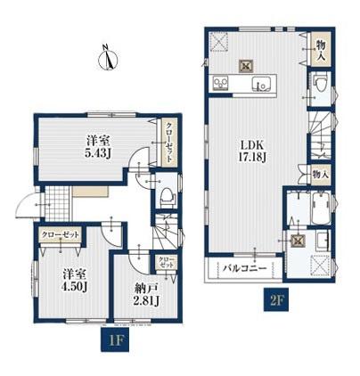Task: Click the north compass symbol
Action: pyautogui.click(x=108, y=59)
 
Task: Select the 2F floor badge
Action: pyautogui.click(x=276, y=299)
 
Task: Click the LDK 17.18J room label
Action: pyautogui.click(x=252, y=151)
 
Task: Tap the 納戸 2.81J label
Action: pyautogui.click(x=147, y=295)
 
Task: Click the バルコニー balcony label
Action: pyautogui.click(x=245, y=268)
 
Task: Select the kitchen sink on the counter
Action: pyautogui.click(x=261, y=84)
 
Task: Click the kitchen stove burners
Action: pyautogui.click(x=221, y=83)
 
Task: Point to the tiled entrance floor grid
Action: pyautogui.click(x=57, y=203)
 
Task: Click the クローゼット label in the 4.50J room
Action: pyautogui.click(x=61, y=235)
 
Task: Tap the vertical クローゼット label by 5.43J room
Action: pyautogui.click(x=168, y=143)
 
